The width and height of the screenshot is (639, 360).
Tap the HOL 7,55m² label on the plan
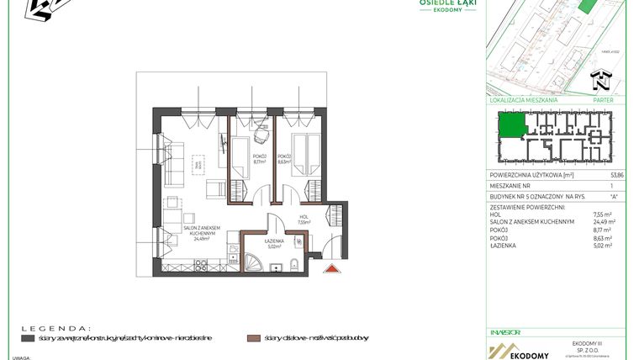(304, 221)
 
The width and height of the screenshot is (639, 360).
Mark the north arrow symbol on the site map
(599, 81)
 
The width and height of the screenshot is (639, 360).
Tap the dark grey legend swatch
(28, 337)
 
